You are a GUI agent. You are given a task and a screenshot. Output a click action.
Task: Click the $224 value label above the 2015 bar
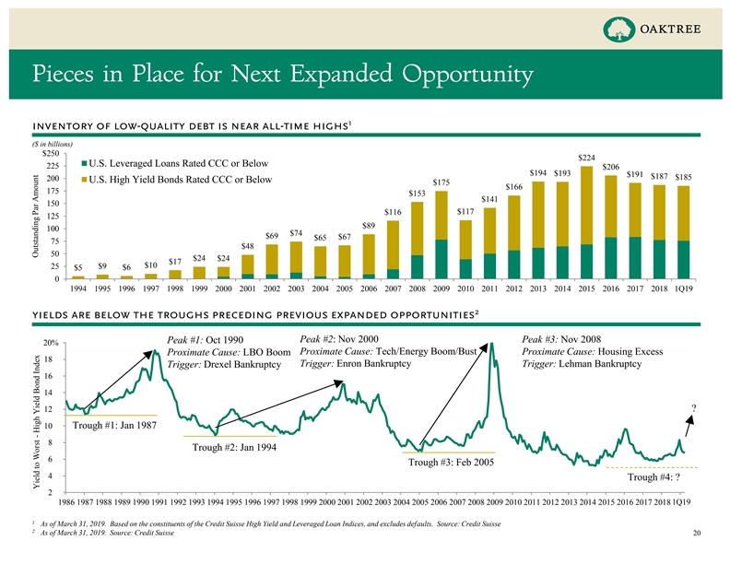tap(586, 157)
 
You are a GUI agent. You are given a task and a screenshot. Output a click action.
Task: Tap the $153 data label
tap(418, 193)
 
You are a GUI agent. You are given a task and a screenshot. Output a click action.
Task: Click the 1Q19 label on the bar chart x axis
tap(683, 288)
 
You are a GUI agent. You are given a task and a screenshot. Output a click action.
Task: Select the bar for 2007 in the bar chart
tap(418, 240)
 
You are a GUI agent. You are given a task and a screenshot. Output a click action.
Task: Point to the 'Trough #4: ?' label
tap(654, 477)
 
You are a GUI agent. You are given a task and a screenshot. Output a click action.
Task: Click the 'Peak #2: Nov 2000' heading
tap(339, 338)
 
